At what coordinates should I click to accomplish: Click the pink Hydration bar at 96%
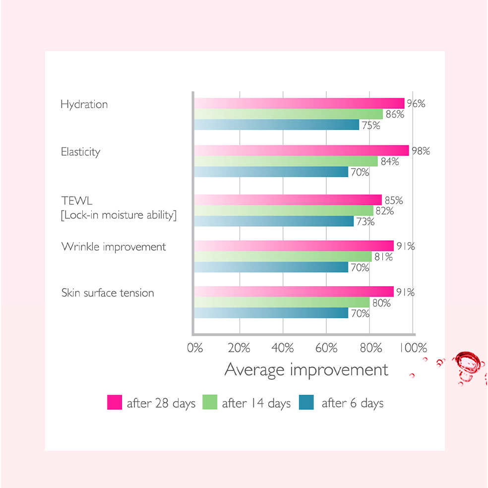coord(299,103)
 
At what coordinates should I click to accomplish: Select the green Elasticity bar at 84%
coord(286,161)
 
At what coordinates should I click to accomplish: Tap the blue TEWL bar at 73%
coord(274,221)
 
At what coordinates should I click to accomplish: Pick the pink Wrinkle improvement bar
coord(294,246)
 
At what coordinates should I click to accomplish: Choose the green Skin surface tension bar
coord(282,303)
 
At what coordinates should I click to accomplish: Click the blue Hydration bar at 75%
coord(276,125)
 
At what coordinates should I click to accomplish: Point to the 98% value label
coord(420,151)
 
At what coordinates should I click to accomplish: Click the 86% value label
coord(395,115)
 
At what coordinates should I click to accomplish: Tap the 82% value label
coord(384,211)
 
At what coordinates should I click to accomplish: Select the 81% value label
coord(383,257)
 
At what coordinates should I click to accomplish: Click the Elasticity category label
coord(80,152)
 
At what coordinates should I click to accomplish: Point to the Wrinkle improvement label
coord(114,247)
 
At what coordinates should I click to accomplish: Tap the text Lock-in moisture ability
coord(119,215)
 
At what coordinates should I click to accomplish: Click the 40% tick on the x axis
coord(283,348)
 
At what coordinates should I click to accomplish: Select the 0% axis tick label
coord(195,348)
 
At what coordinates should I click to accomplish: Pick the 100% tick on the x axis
coord(413,348)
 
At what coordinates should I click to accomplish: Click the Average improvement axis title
coord(306,370)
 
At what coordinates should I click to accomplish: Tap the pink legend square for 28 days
coord(115,402)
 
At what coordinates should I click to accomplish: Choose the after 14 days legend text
coord(256,403)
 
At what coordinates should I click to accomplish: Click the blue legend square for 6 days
coord(306,402)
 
